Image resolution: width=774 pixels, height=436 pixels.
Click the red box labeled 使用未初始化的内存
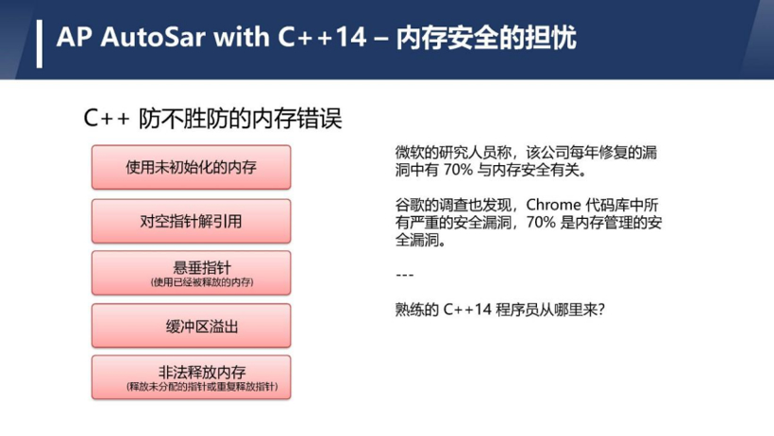(x=191, y=167)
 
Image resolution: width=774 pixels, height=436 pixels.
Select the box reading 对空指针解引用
(x=191, y=221)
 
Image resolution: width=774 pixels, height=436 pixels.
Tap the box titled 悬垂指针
(x=191, y=273)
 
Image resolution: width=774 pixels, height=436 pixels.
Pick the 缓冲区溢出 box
(x=191, y=326)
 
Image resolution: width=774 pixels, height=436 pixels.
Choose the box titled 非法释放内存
(x=191, y=377)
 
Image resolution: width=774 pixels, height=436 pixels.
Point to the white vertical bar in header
(x=40, y=43)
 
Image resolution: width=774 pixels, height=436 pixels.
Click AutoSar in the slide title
(x=153, y=37)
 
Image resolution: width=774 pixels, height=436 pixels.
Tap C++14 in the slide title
(x=322, y=37)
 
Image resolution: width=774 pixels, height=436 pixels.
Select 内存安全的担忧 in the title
(x=486, y=38)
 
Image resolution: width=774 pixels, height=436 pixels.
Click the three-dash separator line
(x=405, y=275)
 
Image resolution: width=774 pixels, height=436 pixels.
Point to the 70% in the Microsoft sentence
(x=459, y=170)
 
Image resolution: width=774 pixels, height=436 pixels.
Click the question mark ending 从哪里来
(x=601, y=310)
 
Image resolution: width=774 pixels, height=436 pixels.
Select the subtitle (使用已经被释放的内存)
(x=202, y=282)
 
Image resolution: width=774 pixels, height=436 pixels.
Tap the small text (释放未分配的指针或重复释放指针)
(x=202, y=387)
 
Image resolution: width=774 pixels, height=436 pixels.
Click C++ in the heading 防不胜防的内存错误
(x=107, y=119)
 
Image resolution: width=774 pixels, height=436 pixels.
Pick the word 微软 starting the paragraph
(x=406, y=152)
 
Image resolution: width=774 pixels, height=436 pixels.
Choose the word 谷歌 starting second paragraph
(x=406, y=205)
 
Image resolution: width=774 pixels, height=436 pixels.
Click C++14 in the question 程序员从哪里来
(x=467, y=310)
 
